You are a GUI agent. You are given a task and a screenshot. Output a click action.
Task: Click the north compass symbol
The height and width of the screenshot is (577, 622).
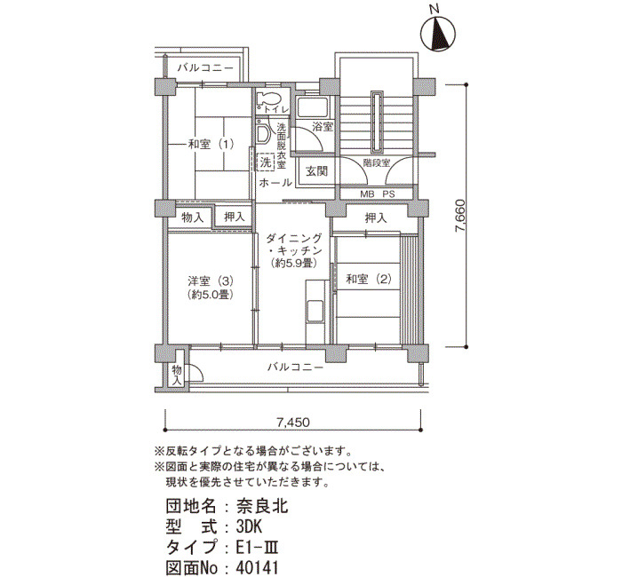pos(437,33)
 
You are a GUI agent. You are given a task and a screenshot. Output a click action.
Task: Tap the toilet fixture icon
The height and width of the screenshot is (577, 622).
pos(268,99)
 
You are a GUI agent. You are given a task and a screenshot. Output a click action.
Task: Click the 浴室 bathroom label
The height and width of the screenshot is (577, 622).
pos(322,127)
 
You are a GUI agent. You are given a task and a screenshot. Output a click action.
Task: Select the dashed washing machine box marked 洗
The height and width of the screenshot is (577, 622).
pos(266,162)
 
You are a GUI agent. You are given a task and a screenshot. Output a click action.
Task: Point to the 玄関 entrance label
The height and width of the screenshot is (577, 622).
pos(316,171)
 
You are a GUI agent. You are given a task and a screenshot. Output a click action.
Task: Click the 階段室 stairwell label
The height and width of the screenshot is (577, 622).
pos(377,162)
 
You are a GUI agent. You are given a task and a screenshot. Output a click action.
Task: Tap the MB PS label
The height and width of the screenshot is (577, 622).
pos(378,194)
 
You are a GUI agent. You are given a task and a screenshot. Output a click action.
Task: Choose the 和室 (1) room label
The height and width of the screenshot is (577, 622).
pos(211,144)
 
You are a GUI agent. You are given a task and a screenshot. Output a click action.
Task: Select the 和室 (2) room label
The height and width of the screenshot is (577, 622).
pos(369,280)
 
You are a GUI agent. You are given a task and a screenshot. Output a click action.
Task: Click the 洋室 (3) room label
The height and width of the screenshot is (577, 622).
pos(211,281)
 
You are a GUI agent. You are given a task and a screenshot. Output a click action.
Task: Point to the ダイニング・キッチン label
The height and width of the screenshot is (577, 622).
pos(294,244)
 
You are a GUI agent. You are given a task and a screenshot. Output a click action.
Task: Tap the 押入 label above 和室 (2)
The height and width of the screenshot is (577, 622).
pos(375,217)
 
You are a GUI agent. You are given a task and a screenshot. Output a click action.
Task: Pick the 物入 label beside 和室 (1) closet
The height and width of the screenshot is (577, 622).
pos(193,217)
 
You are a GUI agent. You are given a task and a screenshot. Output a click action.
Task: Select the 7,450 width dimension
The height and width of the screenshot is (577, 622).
pos(293,423)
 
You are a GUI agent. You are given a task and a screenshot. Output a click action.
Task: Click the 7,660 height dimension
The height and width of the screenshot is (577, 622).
pos(460,216)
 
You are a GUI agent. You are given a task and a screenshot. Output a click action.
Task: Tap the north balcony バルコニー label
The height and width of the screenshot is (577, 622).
pos(205,67)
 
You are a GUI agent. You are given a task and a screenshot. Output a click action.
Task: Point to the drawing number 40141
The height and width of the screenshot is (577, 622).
pos(257,567)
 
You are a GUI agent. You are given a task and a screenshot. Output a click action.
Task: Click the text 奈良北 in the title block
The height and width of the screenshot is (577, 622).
pos(262,506)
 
